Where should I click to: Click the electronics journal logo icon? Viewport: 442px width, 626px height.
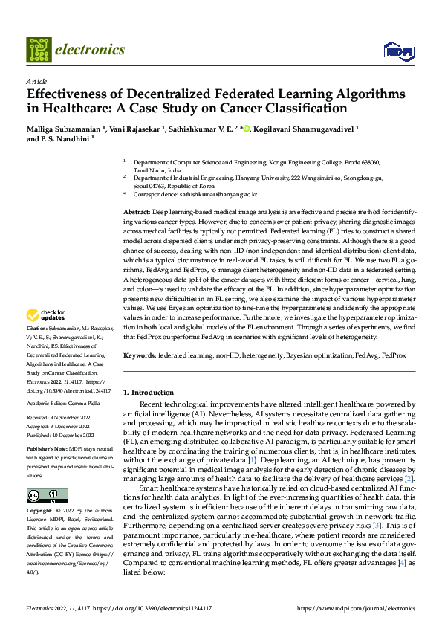[x=39, y=50]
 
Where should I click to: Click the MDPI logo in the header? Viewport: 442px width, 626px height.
[x=397, y=51]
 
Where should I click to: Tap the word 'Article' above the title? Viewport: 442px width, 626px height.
[x=36, y=80]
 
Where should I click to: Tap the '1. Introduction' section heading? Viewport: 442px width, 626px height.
[x=148, y=392]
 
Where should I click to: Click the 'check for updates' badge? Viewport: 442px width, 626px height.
[x=46, y=335]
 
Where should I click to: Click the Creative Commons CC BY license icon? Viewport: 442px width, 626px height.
[x=47, y=496]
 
